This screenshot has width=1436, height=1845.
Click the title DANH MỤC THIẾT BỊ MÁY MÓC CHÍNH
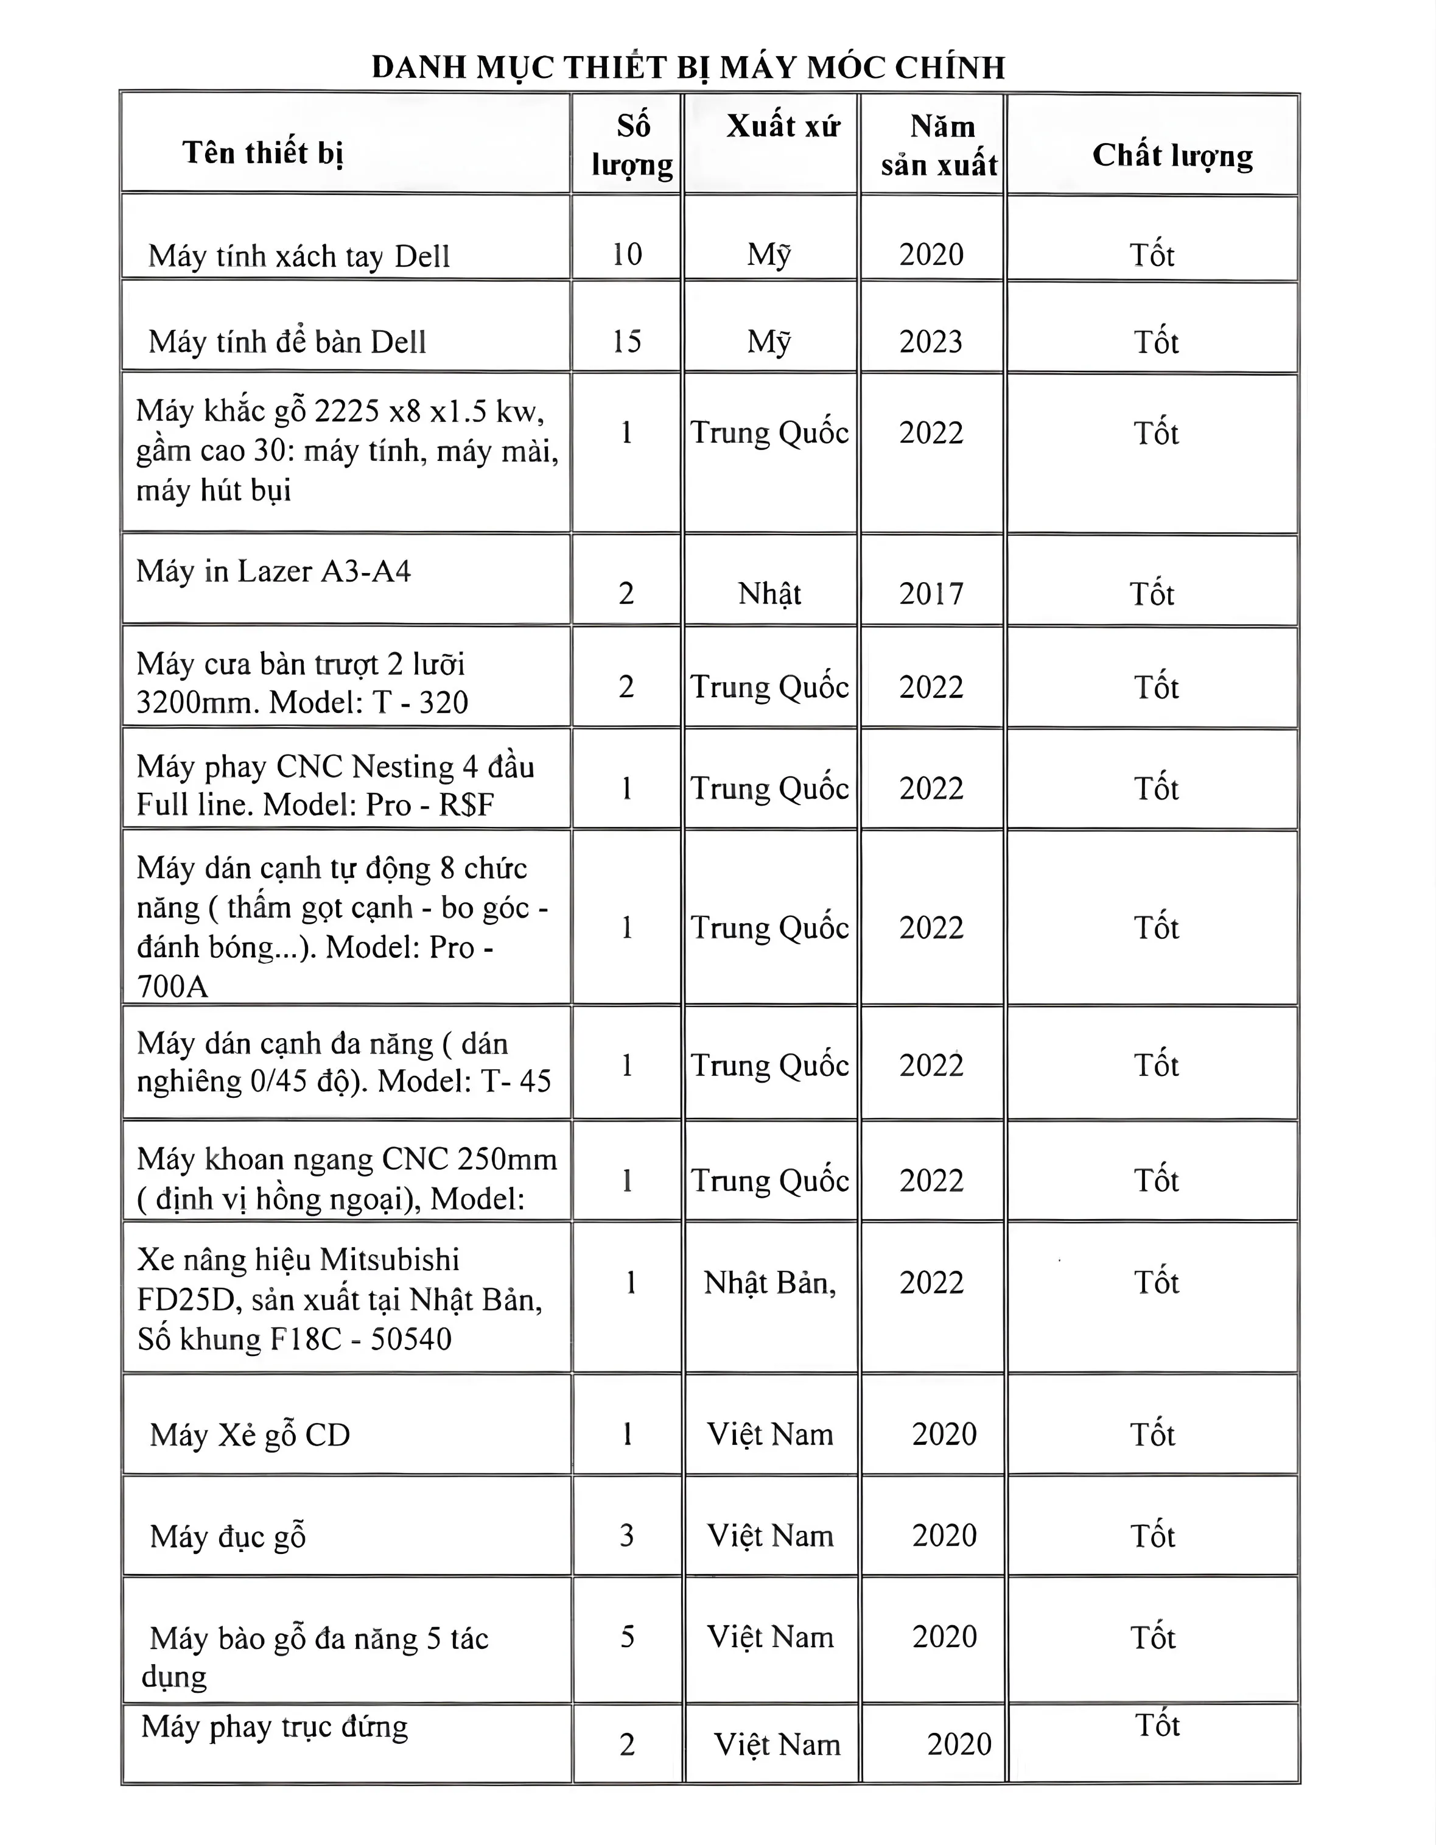688,68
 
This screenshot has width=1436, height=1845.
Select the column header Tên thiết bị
263,153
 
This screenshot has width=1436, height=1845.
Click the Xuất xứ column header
783,127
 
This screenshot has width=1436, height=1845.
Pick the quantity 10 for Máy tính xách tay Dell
627,255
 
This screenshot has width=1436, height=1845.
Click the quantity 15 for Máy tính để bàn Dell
627,341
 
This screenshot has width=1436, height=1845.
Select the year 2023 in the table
931,341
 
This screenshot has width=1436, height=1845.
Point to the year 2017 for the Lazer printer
931,594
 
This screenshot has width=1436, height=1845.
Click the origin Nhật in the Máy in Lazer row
769,594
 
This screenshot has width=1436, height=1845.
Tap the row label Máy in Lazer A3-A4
273,572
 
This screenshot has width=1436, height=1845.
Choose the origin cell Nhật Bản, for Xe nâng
769,1283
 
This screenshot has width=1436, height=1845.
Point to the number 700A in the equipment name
172,986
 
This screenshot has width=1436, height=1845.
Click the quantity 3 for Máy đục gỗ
627,1536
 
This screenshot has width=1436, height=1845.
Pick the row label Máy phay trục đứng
275,1727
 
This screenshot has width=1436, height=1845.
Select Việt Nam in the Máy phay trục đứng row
777,1745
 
